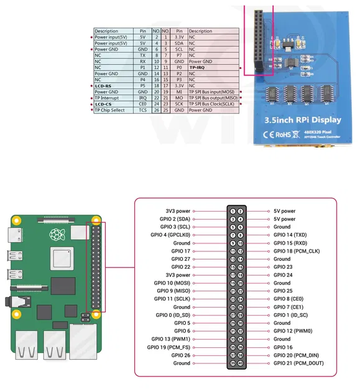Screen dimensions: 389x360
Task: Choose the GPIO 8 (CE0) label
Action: pos(287,299)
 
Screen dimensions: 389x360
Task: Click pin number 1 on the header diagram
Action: pos(232,212)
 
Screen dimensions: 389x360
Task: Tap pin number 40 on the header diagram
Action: pos(240,363)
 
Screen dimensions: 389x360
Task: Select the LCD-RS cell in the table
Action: pos(103,86)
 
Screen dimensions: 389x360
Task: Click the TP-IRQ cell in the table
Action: pos(198,68)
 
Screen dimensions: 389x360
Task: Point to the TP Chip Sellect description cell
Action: pos(109,110)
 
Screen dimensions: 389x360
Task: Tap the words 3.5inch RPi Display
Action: pos(302,120)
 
